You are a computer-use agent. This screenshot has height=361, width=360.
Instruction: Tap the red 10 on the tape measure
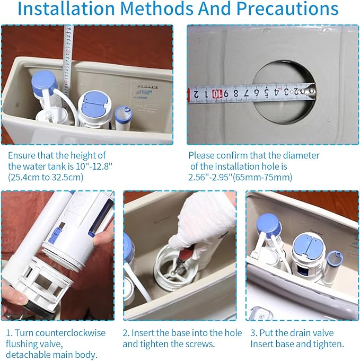click(x=217, y=94)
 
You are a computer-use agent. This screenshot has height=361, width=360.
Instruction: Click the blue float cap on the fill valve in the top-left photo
click(x=44, y=82)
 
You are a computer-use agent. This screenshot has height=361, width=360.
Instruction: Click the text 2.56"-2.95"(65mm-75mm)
click(x=240, y=177)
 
